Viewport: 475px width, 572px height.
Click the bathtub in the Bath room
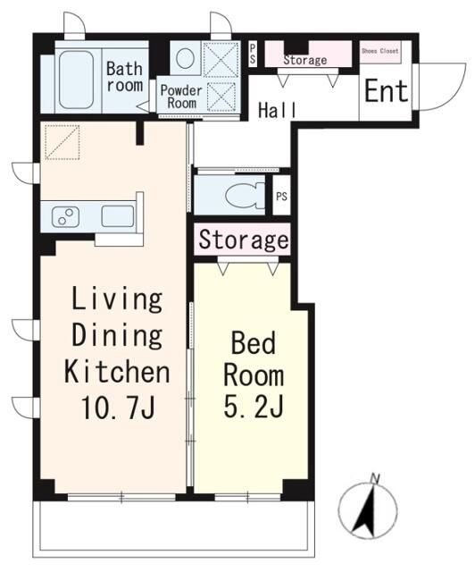(76, 80)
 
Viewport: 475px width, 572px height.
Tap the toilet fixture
(245, 195)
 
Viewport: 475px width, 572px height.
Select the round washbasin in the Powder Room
(185, 57)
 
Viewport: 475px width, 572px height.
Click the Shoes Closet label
(379, 51)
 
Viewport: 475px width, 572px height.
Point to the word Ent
(386, 91)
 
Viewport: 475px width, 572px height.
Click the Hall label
(278, 110)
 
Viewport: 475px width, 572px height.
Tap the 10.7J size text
(119, 407)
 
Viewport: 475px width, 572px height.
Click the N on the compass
(374, 478)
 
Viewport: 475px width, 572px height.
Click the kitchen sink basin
(118, 216)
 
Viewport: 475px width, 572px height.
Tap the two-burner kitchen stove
(65, 216)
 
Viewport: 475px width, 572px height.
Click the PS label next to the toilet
(281, 197)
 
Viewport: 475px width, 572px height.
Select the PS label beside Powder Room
(253, 54)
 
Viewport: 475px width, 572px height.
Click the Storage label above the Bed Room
(243, 240)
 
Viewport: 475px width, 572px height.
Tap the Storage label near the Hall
(304, 60)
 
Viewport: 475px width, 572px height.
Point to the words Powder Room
(181, 97)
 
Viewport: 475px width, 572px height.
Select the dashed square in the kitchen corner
(62, 142)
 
